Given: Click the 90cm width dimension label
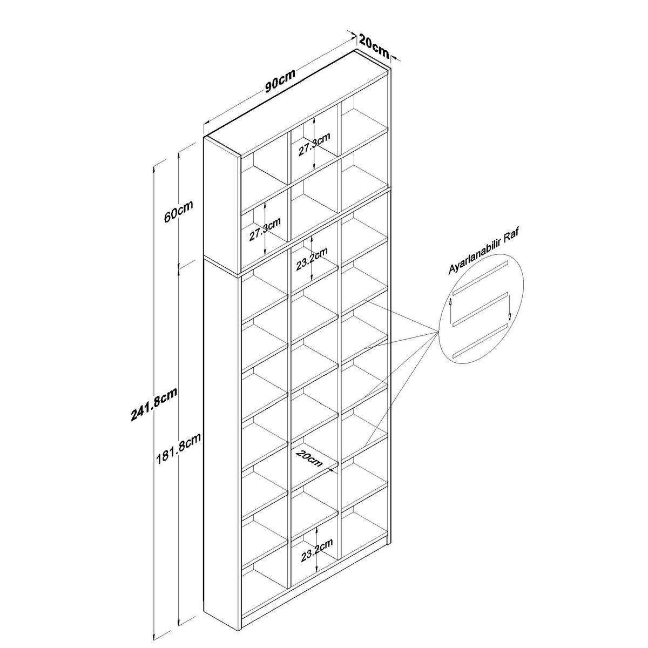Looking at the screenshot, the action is [x=280, y=80].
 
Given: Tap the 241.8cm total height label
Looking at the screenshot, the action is [x=154, y=405].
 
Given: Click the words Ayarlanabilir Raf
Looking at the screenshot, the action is [x=484, y=250].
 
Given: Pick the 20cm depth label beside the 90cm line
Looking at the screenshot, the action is [x=374, y=46].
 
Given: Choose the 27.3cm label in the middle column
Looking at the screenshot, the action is [x=314, y=144].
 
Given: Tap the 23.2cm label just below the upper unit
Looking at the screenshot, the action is [x=312, y=259].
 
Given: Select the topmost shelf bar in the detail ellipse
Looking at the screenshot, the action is [x=480, y=278].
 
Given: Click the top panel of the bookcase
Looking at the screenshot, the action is [x=297, y=104].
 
